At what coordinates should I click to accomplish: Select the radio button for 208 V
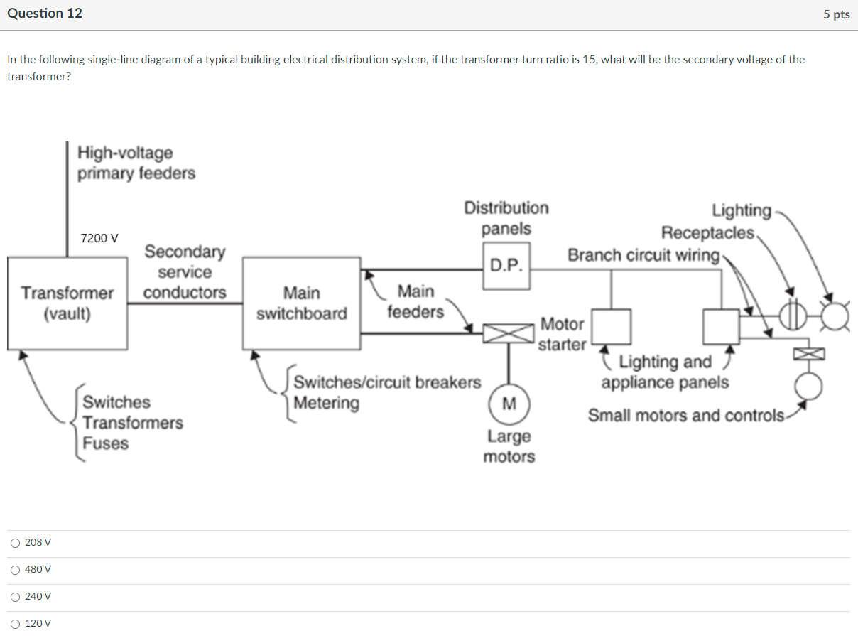coord(16,543)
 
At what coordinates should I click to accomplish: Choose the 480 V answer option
coord(16,570)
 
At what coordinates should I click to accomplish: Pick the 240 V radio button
coord(16,597)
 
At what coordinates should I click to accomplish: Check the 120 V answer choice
coord(16,624)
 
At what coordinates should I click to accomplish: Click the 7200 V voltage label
coord(99,238)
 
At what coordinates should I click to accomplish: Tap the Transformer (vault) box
coord(67,303)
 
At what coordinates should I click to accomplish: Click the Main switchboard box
coord(301,303)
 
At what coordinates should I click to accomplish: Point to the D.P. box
coord(506,266)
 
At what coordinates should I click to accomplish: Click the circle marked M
coord(509,404)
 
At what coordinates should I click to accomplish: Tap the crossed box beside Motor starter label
coord(508,333)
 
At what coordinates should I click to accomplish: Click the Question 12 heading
coord(45,14)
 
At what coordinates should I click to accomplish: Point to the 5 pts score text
coord(836,14)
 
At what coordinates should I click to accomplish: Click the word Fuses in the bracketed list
coord(106,443)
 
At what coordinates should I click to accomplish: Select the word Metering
coord(327,403)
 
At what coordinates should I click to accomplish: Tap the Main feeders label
coord(416,301)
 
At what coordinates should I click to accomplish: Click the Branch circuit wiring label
coord(643,255)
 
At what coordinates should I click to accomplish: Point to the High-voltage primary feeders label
coord(136,163)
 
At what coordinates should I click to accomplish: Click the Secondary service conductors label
coord(185,272)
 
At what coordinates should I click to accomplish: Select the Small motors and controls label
coord(686,416)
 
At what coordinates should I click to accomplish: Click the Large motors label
coord(509,446)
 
